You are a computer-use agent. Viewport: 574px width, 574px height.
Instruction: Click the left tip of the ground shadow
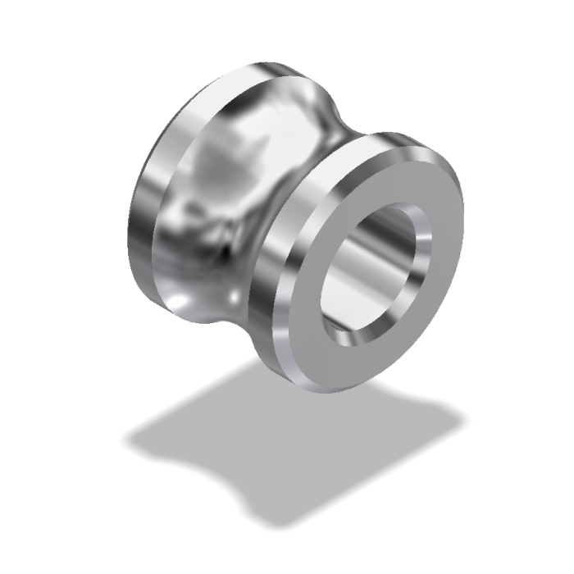127,439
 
